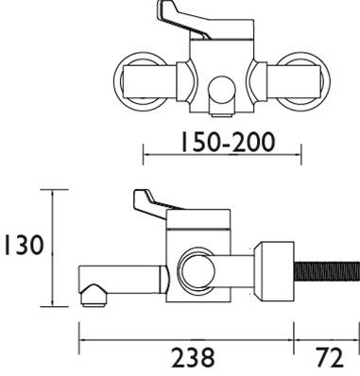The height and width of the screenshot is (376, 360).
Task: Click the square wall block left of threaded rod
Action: (x=274, y=269)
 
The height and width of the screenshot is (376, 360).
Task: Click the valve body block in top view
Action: (x=221, y=61)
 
